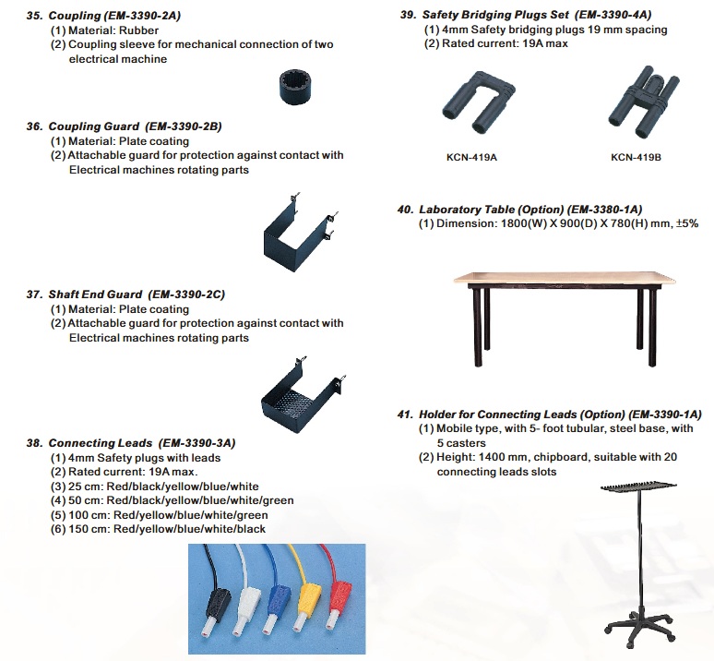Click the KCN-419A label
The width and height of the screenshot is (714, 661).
point(471,158)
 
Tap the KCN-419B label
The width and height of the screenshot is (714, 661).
point(636,158)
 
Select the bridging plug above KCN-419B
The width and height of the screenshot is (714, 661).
point(643,102)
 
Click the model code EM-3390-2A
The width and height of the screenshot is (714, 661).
point(142,16)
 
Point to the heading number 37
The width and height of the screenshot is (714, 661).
point(34,294)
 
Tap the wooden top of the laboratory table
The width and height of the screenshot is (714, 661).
point(565,279)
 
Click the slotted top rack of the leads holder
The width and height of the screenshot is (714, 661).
point(638,487)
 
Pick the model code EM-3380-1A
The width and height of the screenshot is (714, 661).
point(605,210)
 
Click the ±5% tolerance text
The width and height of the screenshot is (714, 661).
point(687,223)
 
